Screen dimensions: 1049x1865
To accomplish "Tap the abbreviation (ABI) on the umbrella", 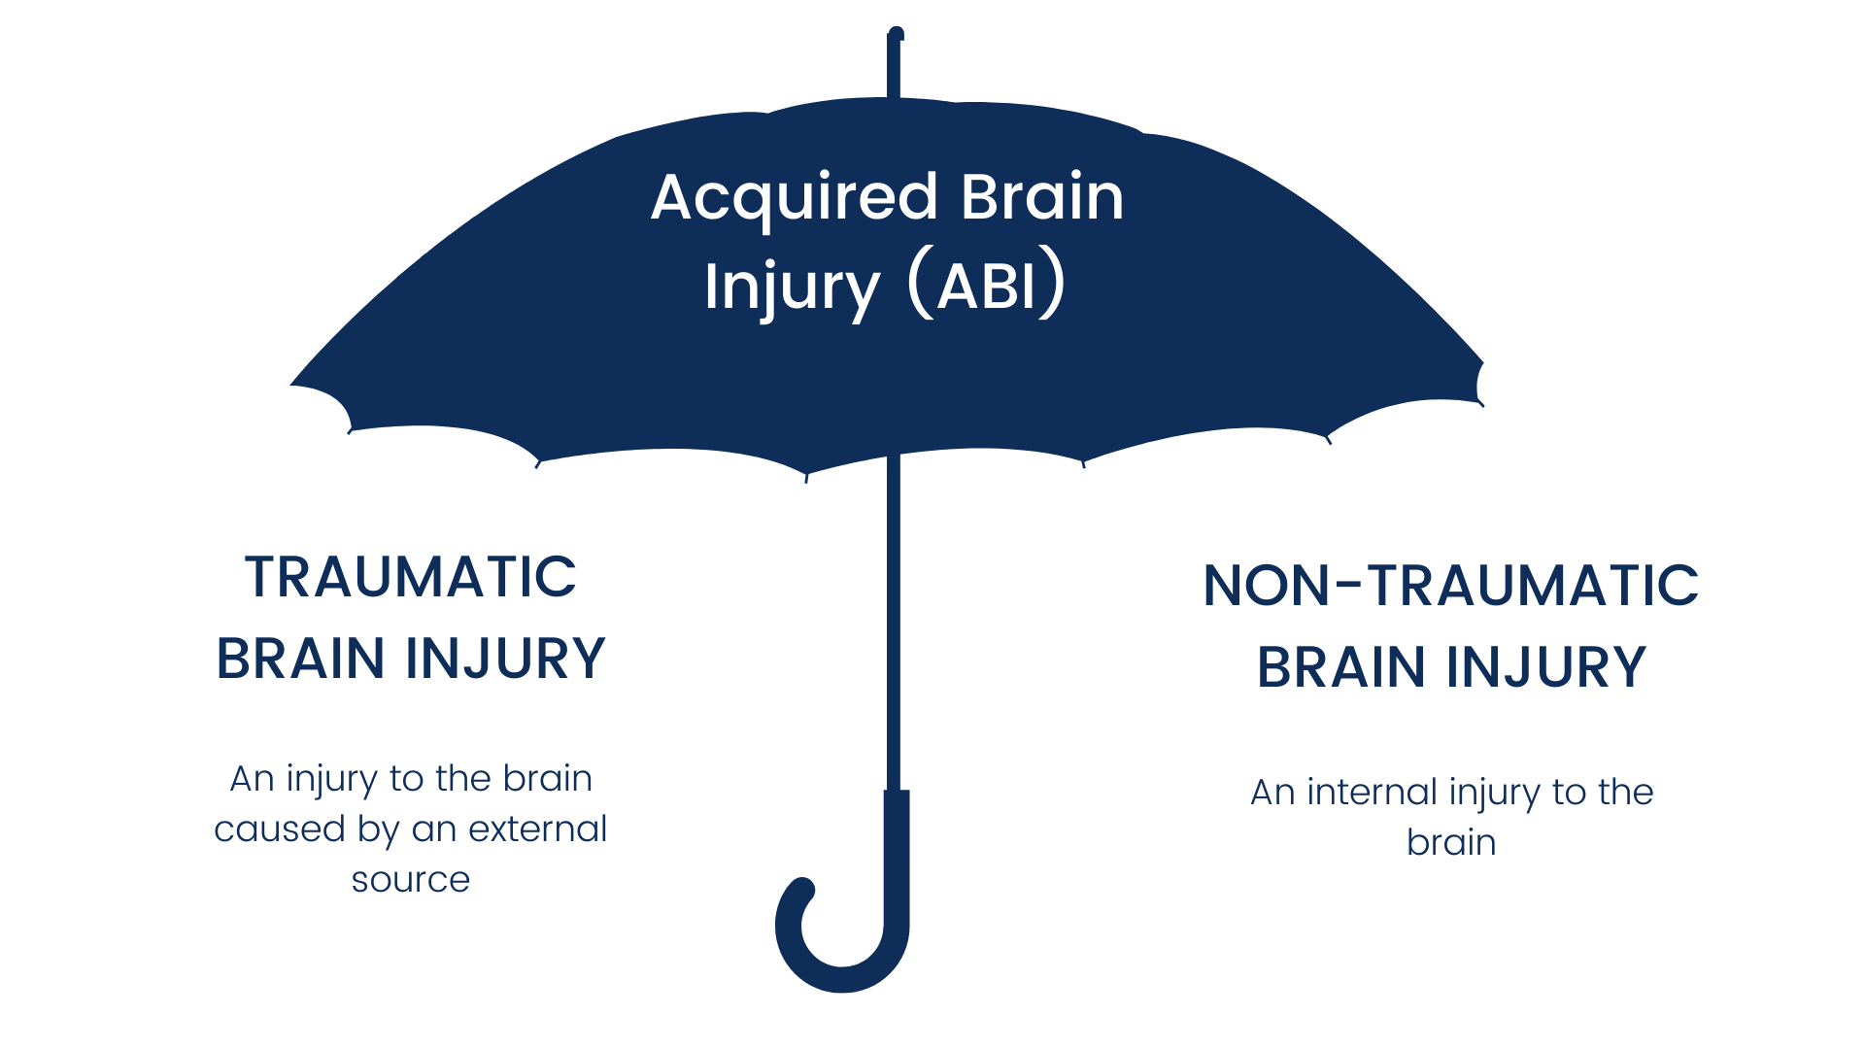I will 987,287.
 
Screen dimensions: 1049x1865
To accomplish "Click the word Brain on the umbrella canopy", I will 1042,197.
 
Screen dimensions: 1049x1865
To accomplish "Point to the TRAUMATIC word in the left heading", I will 410,577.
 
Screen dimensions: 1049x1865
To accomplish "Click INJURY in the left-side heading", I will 505,659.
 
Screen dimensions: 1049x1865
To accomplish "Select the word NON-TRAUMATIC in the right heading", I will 1450,586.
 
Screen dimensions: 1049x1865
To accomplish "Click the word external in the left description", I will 537,829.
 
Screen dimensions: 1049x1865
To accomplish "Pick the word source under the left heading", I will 410,880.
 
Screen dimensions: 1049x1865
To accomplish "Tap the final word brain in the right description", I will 1451,843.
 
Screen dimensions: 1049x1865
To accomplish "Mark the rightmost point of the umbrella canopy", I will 1481,363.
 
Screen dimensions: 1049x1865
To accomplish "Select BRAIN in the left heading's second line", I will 300,659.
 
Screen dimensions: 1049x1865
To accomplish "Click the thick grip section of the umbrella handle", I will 897,855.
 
